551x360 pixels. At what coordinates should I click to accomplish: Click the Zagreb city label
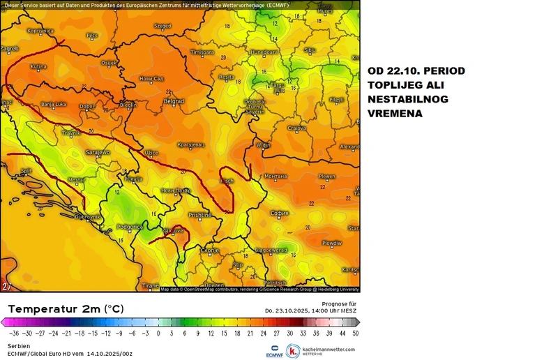10,49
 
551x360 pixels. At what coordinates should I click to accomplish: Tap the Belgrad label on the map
173,101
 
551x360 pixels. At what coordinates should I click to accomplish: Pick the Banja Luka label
52,105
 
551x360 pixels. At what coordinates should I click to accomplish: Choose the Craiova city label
298,128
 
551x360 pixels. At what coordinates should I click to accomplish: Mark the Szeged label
162,26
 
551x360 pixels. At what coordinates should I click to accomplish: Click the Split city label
27,170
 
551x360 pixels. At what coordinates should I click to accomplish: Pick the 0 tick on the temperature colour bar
158,333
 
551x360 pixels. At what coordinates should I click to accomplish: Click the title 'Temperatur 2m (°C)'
66,308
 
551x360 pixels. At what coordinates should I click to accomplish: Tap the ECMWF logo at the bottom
275,350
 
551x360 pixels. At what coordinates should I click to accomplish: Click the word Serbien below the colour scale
19,346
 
